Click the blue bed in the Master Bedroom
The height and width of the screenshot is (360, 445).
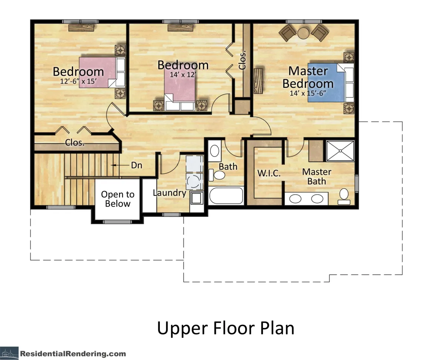pyautogui.click(x=330, y=83)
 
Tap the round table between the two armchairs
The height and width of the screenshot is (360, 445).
pyautogui.click(x=303, y=33)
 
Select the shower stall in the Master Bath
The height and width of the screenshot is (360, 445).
pyautogui.click(x=340, y=151)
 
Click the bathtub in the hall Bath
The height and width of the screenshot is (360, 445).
pyautogui.click(x=226, y=195)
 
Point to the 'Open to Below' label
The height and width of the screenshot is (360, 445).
pyautogui.click(x=118, y=199)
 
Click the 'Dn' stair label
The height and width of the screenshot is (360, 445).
pyautogui.click(x=136, y=165)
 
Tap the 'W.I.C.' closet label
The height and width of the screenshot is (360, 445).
pyautogui.click(x=269, y=173)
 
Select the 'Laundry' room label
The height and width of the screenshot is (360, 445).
pyautogui.click(x=169, y=192)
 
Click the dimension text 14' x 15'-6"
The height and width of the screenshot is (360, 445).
pyautogui.click(x=308, y=93)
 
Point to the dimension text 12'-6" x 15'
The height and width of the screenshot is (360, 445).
pyautogui.click(x=78, y=81)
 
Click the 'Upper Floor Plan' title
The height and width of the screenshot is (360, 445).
pyautogui.click(x=225, y=328)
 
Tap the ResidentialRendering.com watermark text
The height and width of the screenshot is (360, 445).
pyautogui.click(x=73, y=354)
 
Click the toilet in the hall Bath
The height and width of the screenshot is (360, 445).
pyautogui.click(x=217, y=175)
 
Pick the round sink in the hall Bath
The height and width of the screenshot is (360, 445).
pyautogui.click(x=215, y=151)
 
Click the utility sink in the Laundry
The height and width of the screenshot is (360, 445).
pyautogui.click(x=197, y=198)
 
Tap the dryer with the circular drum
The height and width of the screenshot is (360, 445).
pyautogui.click(x=195, y=181)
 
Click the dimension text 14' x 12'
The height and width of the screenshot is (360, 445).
pyautogui.click(x=183, y=75)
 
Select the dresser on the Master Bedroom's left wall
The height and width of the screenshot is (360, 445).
pyautogui.click(x=258, y=80)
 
